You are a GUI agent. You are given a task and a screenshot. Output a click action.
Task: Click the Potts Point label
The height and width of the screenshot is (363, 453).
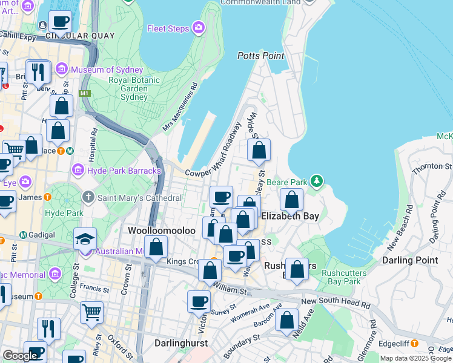[x=261, y=56]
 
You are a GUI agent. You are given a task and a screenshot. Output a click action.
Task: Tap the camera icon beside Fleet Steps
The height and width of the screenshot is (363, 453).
[x=199, y=28]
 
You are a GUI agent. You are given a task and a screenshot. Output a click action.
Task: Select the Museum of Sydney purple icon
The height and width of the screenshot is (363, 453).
[x=61, y=70]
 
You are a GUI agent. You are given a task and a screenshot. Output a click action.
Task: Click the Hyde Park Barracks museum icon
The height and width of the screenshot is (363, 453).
[x=78, y=171]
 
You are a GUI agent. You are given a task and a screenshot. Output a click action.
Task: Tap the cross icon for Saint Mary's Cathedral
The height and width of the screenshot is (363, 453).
[x=88, y=198]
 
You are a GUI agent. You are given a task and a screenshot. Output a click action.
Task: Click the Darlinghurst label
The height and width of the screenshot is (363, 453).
[x=181, y=342]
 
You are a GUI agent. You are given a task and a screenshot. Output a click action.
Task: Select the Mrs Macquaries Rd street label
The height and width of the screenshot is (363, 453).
[x=180, y=108]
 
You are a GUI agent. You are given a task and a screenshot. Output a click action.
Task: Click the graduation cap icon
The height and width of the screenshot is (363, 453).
[x=85, y=238]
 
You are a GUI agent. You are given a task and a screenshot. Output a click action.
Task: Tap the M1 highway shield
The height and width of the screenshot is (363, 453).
[x=84, y=94]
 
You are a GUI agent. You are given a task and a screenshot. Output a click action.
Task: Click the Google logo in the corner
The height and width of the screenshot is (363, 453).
[x=20, y=356]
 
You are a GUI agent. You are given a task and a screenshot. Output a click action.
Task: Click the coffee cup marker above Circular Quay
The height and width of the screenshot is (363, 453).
[x=60, y=22]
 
